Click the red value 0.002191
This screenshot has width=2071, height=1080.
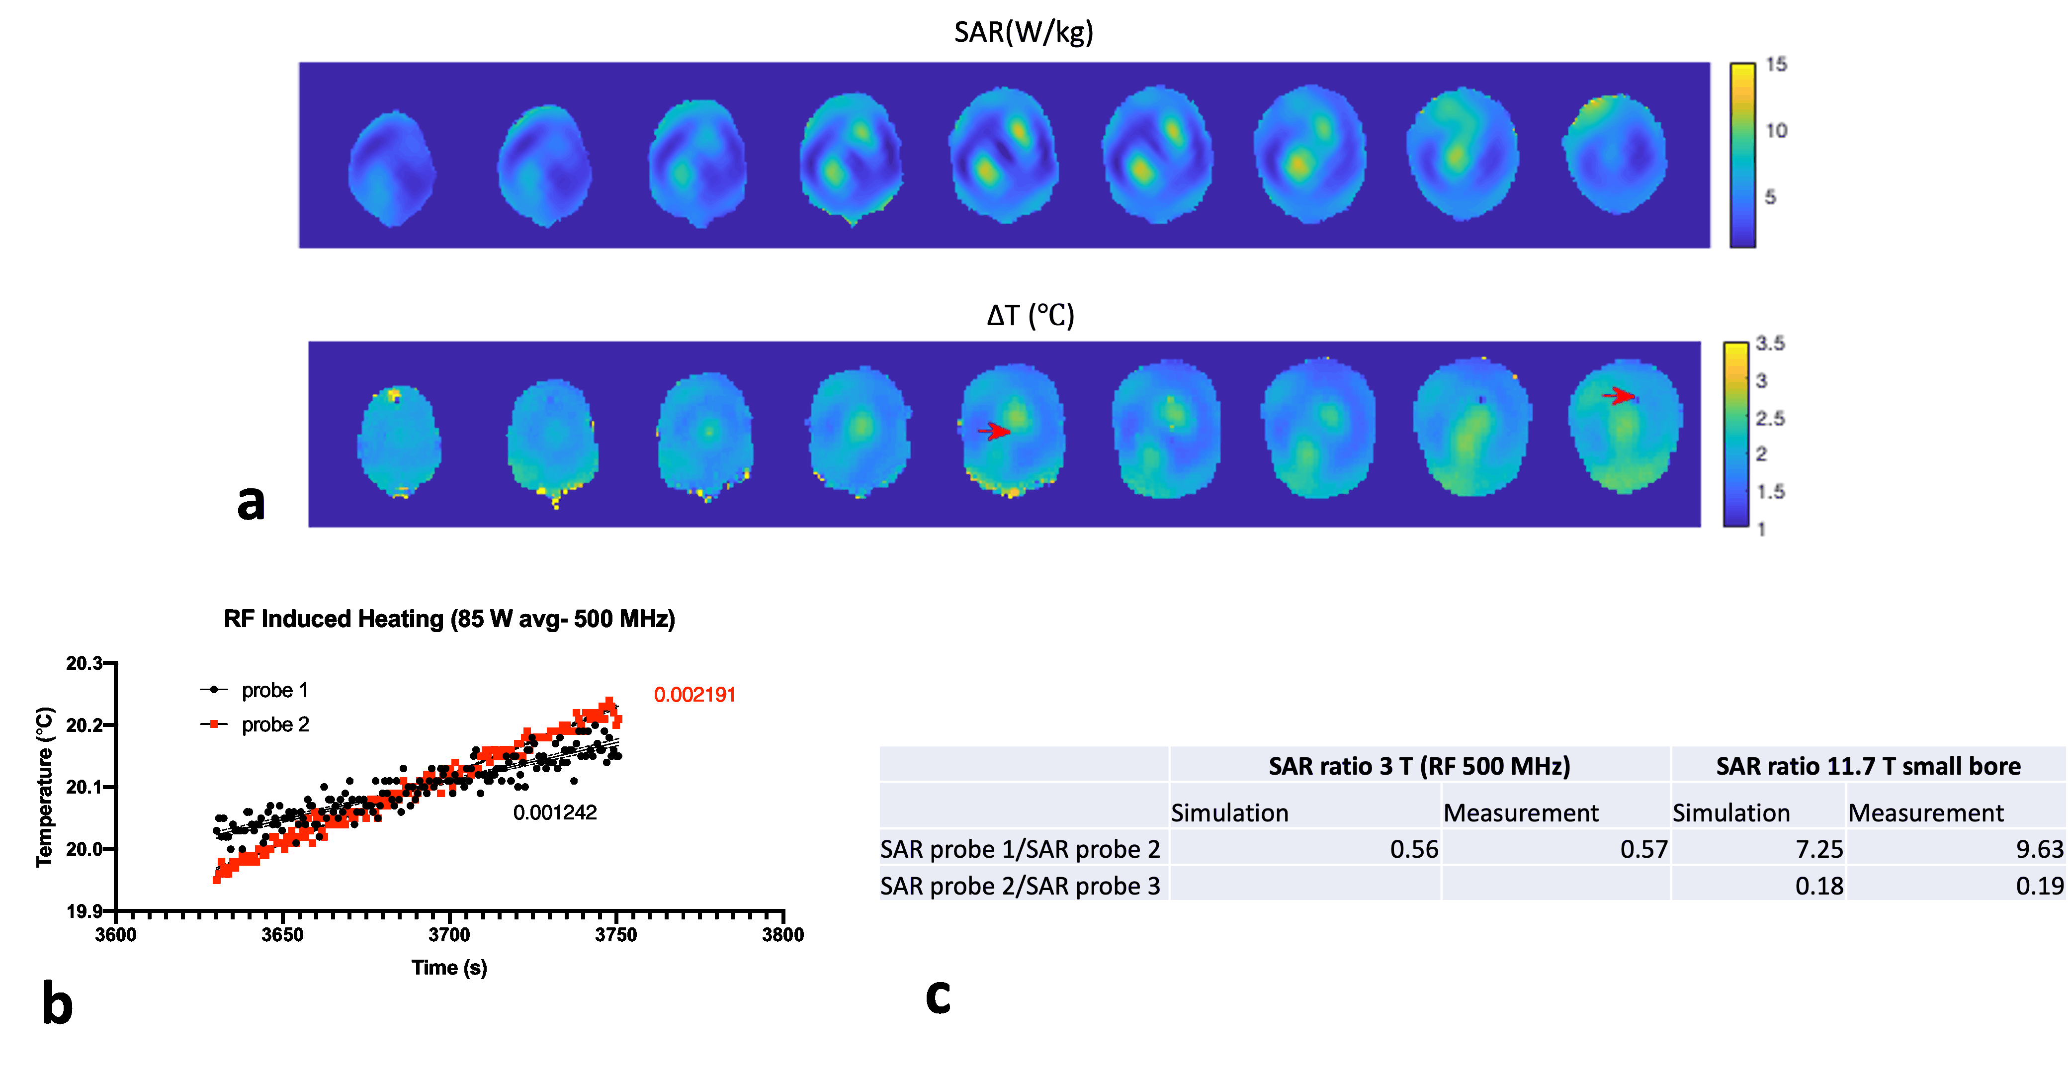[x=694, y=695]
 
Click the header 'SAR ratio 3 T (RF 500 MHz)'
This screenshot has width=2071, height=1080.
[x=1419, y=766]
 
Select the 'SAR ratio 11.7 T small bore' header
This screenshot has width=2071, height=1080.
[x=1868, y=766]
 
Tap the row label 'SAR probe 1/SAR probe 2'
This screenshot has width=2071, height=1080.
[x=1020, y=849]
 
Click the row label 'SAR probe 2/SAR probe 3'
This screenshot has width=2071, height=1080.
[x=1020, y=886]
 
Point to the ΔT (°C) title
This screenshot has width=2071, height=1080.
[x=1030, y=315]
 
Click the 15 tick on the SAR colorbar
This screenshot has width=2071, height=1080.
[x=1776, y=64]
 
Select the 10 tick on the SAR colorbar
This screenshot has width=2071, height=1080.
[x=1776, y=130]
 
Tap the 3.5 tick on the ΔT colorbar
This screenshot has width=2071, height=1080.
[x=1770, y=344]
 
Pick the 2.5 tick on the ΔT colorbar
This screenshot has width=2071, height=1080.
[x=1770, y=418]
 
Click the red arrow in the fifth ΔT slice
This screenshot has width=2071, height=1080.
[x=995, y=432]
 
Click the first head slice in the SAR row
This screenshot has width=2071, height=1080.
[x=392, y=169]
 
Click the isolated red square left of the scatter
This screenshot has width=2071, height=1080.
[x=214, y=724]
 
